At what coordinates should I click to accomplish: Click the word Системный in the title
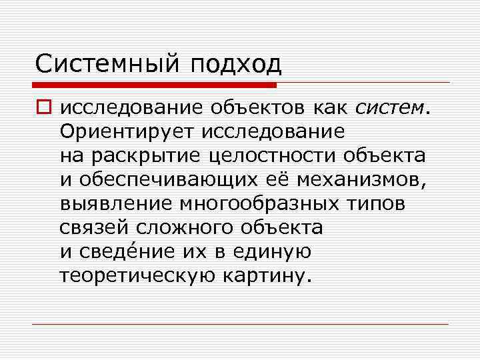pos(107,65)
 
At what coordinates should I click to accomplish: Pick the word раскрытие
pos(157,155)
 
